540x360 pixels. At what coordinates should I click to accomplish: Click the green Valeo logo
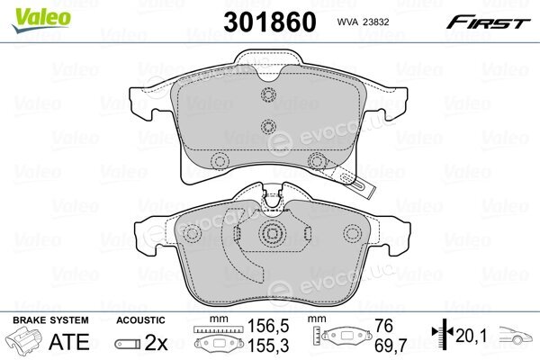(41, 20)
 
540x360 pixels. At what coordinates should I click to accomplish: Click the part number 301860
(270, 22)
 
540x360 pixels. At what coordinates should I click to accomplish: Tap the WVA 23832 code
(363, 22)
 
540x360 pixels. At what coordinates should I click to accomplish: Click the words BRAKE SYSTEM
(50, 320)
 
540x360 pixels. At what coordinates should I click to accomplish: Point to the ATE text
(69, 342)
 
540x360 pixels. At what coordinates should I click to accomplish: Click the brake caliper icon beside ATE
(23, 340)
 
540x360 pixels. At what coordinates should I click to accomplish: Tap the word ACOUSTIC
(140, 320)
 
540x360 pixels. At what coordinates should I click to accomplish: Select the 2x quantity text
(156, 342)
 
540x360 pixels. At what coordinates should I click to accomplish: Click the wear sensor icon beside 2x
(128, 344)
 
